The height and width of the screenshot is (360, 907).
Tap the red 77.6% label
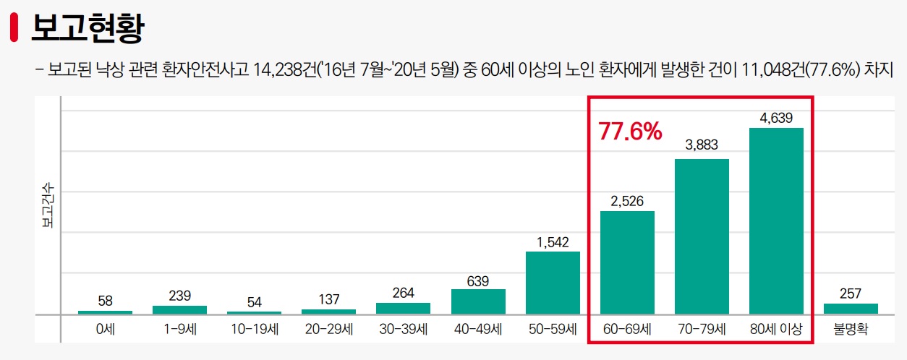click(x=630, y=132)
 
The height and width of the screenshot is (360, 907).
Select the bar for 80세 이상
click(x=776, y=220)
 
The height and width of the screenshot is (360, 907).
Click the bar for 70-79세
click(x=702, y=236)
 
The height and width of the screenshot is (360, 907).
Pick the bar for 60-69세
click(x=627, y=262)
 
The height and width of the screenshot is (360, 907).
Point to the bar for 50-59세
click(x=553, y=283)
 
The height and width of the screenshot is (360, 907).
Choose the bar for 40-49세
click(x=478, y=301)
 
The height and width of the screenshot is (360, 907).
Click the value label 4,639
click(x=776, y=117)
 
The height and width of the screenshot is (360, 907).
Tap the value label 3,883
click(x=702, y=145)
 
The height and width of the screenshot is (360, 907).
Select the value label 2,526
click(x=627, y=200)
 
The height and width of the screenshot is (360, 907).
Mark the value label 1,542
click(x=553, y=241)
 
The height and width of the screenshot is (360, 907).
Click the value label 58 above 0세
click(x=105, y=301)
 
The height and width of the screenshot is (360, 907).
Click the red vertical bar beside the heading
click(x=14, y=28)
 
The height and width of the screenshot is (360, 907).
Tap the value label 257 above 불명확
click(x=851, y=293)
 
